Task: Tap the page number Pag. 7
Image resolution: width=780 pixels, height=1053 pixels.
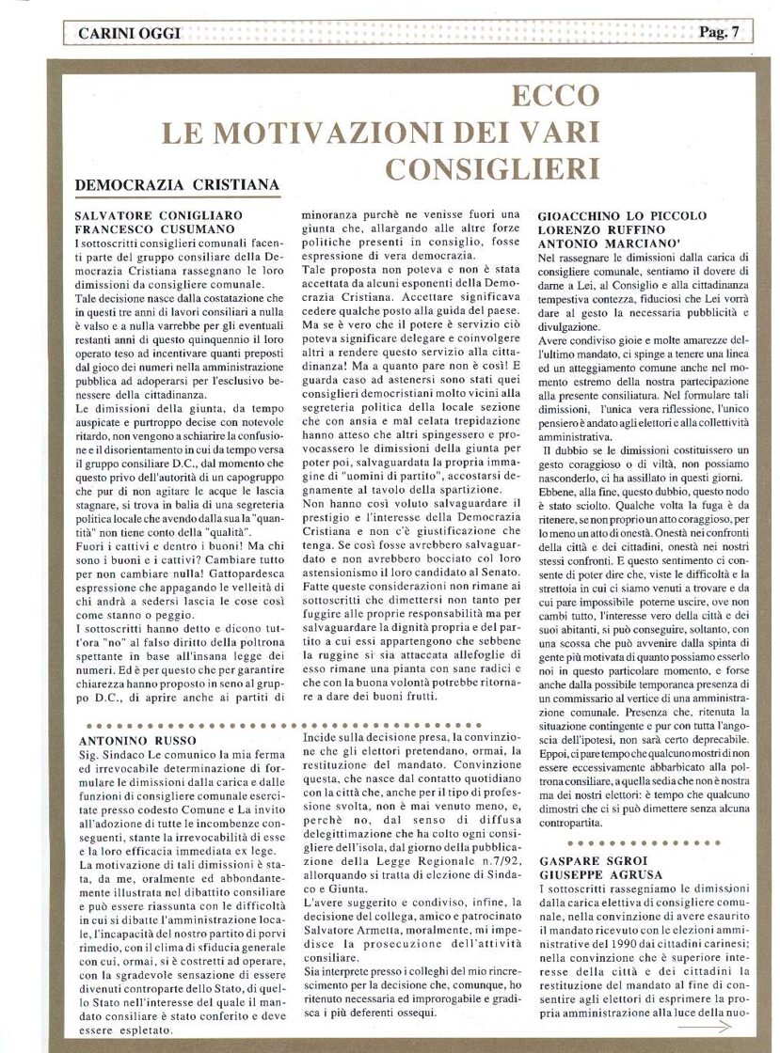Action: tap(720, 33)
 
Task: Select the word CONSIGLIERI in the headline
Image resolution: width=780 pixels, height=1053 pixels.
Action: tap(493, 169)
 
